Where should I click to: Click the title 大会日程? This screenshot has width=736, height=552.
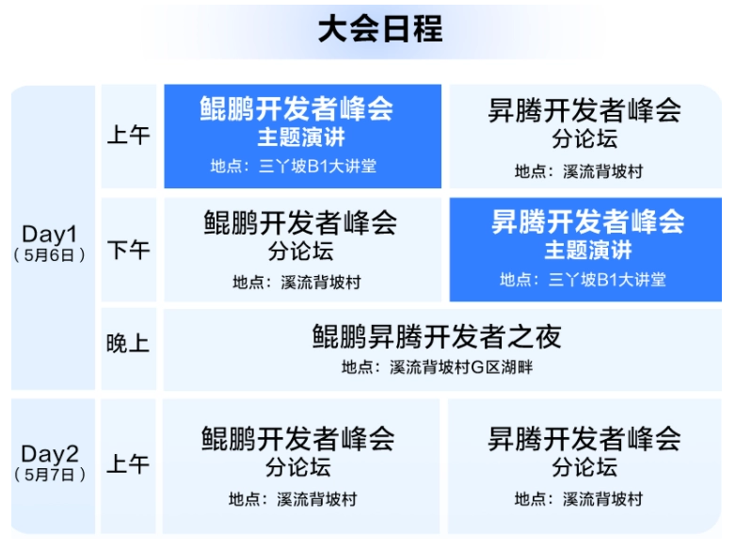click(x=380, y=29)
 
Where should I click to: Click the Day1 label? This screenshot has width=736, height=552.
click(x=49, y=234)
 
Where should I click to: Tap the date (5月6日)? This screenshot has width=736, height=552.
click(x=49, y=255)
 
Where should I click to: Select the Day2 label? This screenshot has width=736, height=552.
click(x=50, y=454)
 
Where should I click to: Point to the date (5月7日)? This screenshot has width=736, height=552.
click(x=50, y=475)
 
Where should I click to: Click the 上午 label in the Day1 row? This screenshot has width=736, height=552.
click(x=129, y=136)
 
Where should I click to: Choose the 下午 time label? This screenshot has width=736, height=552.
click(x=129, y=250)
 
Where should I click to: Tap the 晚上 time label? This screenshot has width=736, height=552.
click(x=128, y=344)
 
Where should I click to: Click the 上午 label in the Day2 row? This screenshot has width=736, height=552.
click(x=128, y=464)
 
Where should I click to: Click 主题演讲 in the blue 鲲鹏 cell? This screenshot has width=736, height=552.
click(x=302, y=138)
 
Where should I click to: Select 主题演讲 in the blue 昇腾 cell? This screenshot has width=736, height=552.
click(x=588, y=250)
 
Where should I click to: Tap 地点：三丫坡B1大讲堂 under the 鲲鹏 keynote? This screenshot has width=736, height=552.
click(x=294, y=166)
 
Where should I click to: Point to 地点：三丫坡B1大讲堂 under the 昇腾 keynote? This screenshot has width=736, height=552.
click(x=583, y=280)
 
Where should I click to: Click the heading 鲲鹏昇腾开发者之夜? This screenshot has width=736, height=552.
click(x=437, y=336)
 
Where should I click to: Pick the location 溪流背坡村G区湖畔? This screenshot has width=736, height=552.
click(x=461, y=367)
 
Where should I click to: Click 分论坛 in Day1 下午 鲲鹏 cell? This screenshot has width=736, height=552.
click(x=301, y=251)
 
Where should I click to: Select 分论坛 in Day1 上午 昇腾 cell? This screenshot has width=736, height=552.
click(x=584, y=138)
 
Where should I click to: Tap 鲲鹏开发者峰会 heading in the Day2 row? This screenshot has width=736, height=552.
click(x=298, y=439)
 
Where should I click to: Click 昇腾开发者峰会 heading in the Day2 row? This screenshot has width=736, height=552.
click(x=584, y=439)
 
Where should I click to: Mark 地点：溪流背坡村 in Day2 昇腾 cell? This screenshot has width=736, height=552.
click(x=579, y=499)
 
